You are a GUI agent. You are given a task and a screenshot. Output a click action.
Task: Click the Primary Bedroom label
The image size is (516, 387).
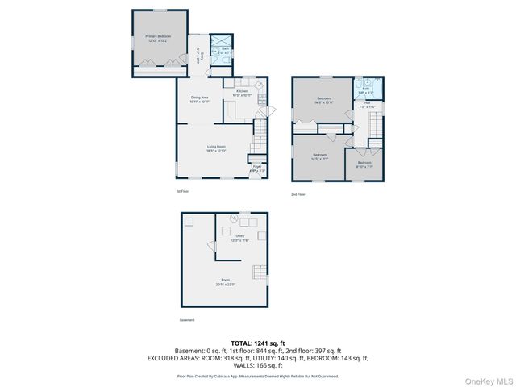157,38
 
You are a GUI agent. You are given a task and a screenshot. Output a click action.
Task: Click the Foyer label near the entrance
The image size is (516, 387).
256,169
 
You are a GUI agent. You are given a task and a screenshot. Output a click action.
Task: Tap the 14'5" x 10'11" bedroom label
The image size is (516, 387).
322,101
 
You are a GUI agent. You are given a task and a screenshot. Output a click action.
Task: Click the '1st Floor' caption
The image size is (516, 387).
183,191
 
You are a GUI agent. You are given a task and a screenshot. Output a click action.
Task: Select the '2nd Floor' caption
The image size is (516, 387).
298,195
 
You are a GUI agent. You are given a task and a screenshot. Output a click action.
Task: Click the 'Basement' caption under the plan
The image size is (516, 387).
186,320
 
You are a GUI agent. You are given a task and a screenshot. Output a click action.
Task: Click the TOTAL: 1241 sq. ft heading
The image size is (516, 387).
257,343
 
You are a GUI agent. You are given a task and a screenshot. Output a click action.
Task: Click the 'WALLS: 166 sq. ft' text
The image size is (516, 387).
257,366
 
